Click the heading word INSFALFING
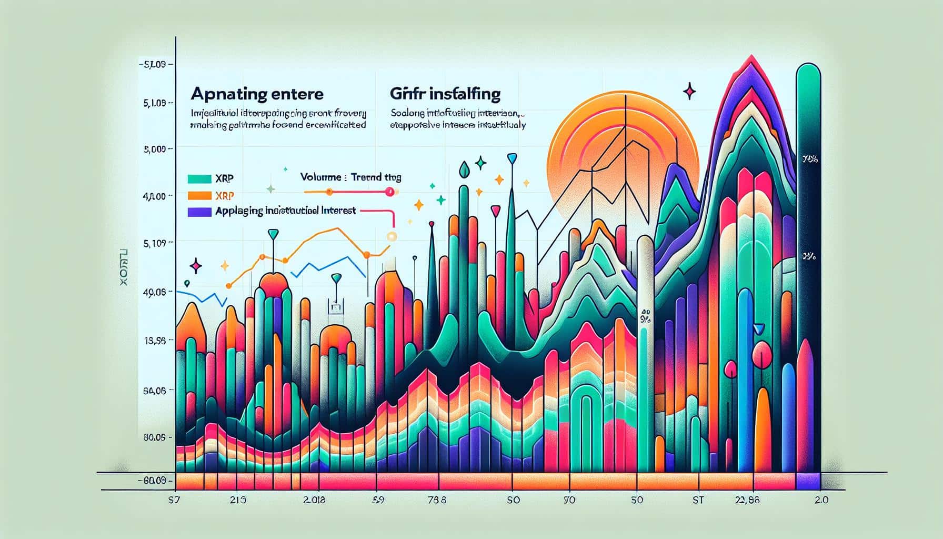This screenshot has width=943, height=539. tap(463, 94)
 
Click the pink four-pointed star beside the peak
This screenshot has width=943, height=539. tap(689, 92)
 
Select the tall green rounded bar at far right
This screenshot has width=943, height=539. tap(808, 158)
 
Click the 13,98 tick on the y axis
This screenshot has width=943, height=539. tap(155, 341)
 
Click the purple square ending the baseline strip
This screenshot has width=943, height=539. tap(808, 481)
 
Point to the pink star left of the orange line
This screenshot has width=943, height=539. tap(196, 266)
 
